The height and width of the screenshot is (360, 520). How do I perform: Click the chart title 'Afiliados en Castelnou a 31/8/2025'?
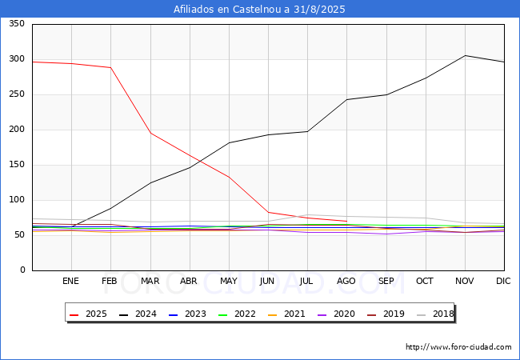(260, 10)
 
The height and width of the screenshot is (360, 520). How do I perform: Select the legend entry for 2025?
(97, 314)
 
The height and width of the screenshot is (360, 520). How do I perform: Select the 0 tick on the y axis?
(22, 270)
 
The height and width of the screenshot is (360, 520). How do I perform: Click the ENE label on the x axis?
(71, 281)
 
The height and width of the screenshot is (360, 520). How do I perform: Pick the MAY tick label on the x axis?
(229, 281)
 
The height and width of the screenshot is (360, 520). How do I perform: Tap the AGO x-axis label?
(346, 281)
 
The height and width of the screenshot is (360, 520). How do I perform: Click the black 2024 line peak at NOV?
(465, 55)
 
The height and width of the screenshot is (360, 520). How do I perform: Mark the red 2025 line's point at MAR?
(150, 133)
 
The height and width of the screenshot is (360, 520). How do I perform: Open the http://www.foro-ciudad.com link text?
(458, 347)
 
